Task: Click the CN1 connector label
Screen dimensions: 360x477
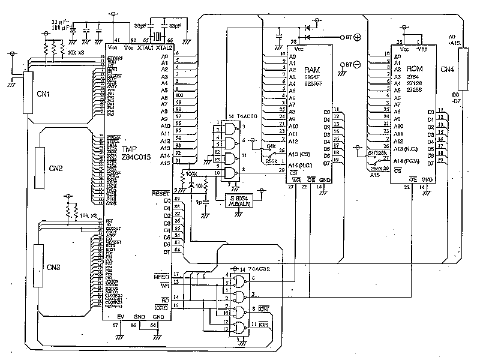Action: point(43,94)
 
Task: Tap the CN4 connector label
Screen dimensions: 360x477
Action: point(447,70)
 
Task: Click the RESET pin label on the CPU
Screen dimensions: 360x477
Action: point(161,193)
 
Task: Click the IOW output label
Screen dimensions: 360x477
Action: point(263,309)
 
